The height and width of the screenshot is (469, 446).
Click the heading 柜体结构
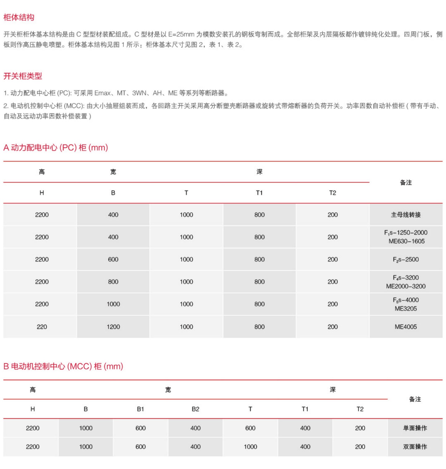pyautogui.click(x=19, y=17)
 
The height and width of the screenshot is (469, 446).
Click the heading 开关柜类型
pyautogui.click(x=23, y=76)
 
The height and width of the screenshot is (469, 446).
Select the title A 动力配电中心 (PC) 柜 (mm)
pyautogui.click(x=56, y=148)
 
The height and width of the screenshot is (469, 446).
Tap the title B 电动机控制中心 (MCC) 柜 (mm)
pyautogui.click(x=63, y=366)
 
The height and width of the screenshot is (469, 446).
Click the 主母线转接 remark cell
pyautogui.click(x=406, y=215)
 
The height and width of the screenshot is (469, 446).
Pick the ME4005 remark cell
pyautogui.click(x=406, y=327)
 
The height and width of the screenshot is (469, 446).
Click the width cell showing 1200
pyautogui.click(x=113, y=327)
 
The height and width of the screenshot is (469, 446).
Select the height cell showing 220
pyautogui.click(x=42, y=327)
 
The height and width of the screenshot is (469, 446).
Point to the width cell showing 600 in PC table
pyautogui.click(x=113, y=259)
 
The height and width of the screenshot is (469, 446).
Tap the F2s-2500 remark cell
pyautogui.click(x=406, y=259)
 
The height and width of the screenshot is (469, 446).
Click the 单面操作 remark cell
pyautogui.click(x=415, y=428)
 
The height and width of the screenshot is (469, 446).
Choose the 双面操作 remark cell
pyautogui.click(x=415, y=447)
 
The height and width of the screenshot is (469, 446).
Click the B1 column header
pyautogui.click(x=141, y=409)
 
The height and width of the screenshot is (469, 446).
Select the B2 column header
pyautogui.click(x=195, y=409)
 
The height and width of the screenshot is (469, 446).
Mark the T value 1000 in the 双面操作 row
pyautogui.click(x=250, y=447)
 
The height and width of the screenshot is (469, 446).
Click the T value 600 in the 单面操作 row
pyautogui.click(x=250, y=428)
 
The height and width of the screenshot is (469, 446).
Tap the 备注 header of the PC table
pyautogui.click(x=406, y=183)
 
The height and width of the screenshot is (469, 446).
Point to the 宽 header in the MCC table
pyautogui.click(x=168, y=390)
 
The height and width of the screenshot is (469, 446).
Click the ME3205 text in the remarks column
pyautogui.click(x=406, y=309)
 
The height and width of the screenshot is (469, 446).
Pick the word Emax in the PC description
pyautogui.click(x=103, y=93)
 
